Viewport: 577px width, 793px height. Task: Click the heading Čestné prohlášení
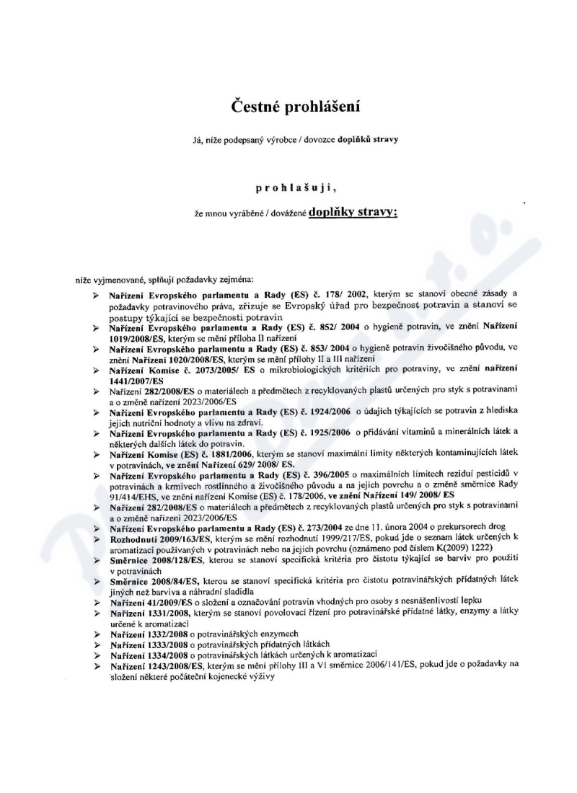295,106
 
